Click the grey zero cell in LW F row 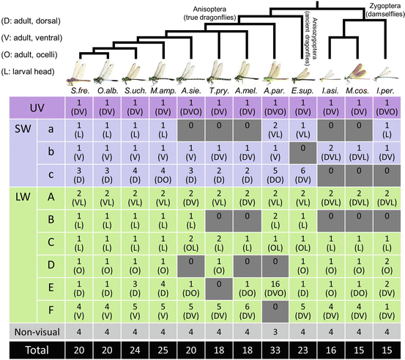[x=275, y=309]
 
